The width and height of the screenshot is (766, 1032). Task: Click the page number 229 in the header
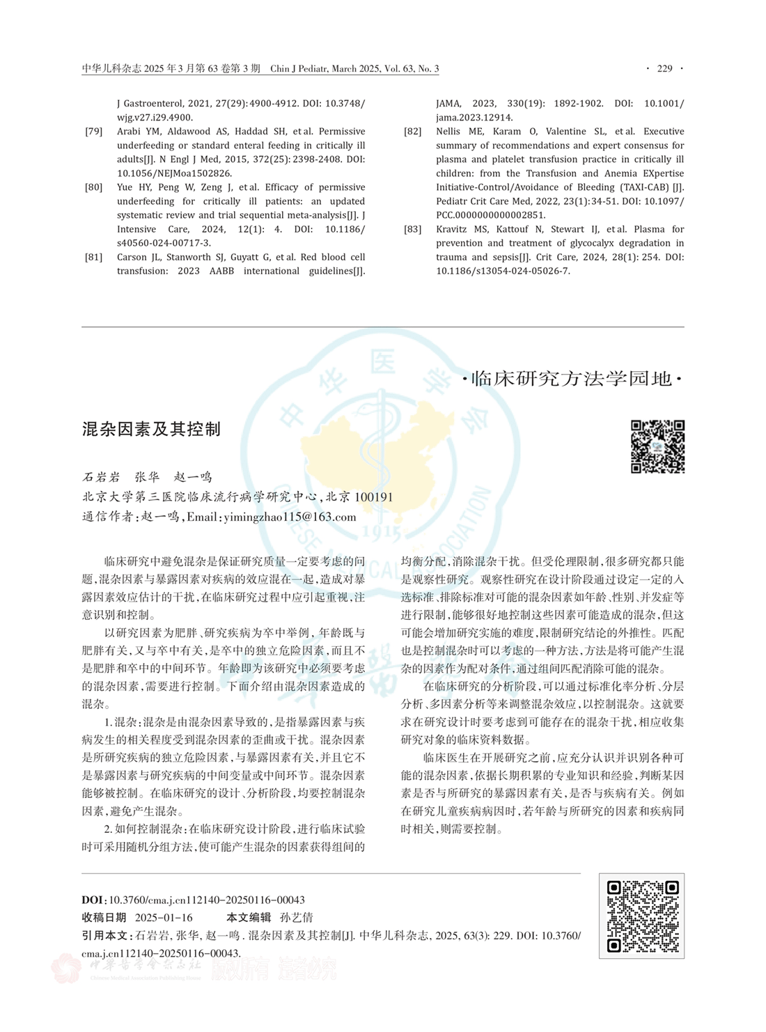click(x=665, y=68)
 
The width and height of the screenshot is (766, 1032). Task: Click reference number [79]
click(x=94, y=132)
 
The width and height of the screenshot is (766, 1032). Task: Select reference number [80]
click(x=94, y=187)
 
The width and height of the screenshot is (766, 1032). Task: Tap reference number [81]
click(x=94, y=257)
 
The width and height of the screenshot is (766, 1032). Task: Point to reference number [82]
click(x=413, y=132)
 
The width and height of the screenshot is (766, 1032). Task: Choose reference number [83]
click(x=413, y=229)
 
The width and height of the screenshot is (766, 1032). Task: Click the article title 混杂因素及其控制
click(x=151, y=429)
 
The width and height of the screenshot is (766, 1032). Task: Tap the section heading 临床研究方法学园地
click(x=572, y=379)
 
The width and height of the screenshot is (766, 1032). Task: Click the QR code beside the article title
click(x=657, y=446)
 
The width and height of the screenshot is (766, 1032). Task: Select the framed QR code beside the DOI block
click(x=641, y=916)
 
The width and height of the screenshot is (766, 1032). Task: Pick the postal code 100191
click(x=374, y=497)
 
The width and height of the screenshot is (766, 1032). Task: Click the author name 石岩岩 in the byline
click(x=101, y=477)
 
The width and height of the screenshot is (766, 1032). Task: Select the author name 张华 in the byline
click(x=147, y=477)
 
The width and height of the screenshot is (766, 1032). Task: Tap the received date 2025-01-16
click(x=164, y=917)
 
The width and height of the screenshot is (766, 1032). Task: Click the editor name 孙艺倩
click(x=297, y=917)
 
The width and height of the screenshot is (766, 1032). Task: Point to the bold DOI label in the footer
click(x=93, y=900)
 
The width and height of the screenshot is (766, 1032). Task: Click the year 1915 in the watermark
click(x=382, y=534)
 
